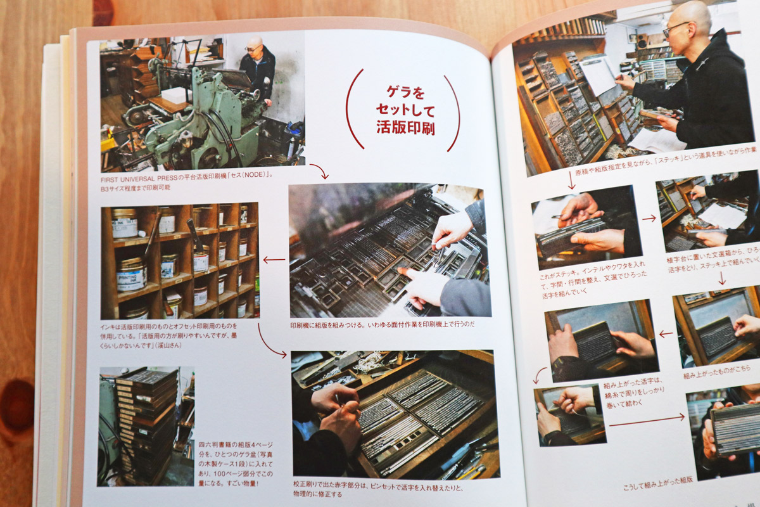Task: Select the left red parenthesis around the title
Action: [351, 110]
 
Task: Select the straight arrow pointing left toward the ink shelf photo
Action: [274, 259]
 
